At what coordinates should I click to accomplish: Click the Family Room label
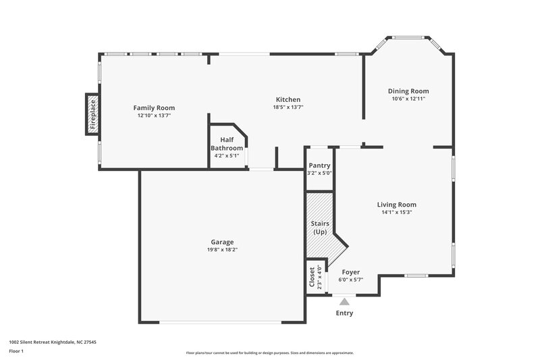tap(154, 107)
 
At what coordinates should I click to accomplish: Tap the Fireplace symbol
tap(92, 113)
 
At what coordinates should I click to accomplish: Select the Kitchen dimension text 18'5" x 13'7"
tap(288, 107)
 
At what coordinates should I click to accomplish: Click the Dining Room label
tap(408, 91)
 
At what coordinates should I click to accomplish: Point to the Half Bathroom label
tap(227, 143)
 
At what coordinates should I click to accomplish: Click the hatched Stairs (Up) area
tap(319, 227)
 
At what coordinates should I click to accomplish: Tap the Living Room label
tap(396, 205)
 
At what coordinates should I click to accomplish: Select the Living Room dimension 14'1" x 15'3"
tap(396, 212)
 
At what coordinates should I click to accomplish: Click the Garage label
tap(222, 242)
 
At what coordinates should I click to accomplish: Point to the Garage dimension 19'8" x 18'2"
tap(222, 250)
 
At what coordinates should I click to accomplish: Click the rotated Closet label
tap(312, 277)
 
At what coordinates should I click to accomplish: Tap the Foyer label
tap(350, 272)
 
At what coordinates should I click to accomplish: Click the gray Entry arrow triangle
tap(345, 302)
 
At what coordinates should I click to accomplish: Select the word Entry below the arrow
tap(344, 313)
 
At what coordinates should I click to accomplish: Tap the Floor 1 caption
tap(16, 351)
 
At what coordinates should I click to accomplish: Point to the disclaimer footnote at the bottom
tap(269, 353)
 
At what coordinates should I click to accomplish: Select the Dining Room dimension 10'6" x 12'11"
tap(408, 99)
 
